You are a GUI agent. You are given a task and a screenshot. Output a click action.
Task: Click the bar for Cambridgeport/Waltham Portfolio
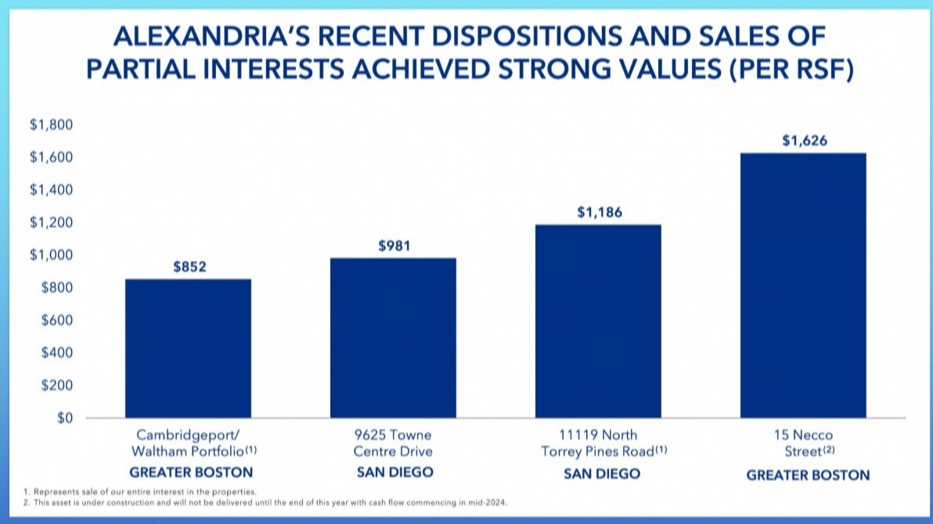(x=188, y=349)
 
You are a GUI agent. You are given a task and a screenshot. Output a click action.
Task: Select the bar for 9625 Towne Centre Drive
(x=393, y=338)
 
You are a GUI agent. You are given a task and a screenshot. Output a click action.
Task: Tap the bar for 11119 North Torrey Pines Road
(x=598, y=321)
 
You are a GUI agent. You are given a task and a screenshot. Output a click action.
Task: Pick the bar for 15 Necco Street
(x=803, y=285)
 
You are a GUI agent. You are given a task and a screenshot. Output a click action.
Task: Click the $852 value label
(x=190, y=267)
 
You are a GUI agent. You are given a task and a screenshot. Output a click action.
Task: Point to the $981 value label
(x=394, y=246)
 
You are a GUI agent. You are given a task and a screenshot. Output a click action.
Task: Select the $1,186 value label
(x=600, y=212)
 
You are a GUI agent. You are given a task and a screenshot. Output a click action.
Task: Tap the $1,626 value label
(x=805, y=140)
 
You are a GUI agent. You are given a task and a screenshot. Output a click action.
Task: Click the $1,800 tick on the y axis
(x=51, y=125)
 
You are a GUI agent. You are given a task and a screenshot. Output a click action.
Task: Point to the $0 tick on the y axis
(x=65, y=418)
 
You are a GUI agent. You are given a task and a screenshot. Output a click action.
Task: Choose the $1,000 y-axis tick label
(x=51, y=255)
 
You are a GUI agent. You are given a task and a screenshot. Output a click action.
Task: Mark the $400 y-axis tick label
(x=56, y=353)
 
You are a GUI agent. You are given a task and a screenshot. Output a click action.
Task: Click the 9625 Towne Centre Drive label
(x=393, y=443)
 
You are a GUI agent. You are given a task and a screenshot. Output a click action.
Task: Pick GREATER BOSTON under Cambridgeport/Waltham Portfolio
(x=191, y=472)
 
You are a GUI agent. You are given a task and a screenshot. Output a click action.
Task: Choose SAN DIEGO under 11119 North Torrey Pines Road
(x=602, y=473)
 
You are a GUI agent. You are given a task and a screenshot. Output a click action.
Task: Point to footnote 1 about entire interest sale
(x=140, y=492)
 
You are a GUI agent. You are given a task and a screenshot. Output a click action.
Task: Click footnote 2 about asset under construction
(x=265, y=503)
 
